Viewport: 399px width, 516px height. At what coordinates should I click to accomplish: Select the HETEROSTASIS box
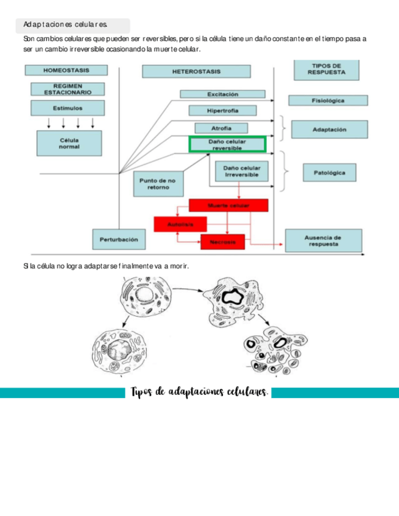tap(196, 71)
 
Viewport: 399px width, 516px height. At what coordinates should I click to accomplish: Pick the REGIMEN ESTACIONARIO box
tap(68, 89)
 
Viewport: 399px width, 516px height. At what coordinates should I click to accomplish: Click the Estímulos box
tap(68, 108)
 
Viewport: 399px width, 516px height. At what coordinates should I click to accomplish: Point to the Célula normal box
tap(69, 144)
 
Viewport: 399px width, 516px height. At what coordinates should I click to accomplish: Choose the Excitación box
tap(222, 94)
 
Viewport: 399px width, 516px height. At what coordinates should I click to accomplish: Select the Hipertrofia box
tap(222, 111)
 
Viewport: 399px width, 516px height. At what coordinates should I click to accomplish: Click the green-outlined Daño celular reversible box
tap(227, 145)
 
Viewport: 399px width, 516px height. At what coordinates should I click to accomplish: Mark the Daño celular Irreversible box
tap(241, 170)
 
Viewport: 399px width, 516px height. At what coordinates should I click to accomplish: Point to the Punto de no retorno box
tap(158, 184)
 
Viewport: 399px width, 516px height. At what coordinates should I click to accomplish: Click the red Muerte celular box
tap(228, 206)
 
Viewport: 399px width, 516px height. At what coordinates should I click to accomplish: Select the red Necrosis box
tap(222, 242)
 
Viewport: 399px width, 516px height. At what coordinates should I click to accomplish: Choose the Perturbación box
tap(119, 239)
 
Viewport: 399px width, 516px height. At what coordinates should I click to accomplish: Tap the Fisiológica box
tap(328, 100)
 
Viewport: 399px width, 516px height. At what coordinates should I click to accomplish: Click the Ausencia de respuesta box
tap(323, 240)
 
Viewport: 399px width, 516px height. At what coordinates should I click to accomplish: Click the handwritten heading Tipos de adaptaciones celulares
tap(199, 392)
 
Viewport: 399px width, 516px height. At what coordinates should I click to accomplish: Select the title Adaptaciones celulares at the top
tap(66, 25)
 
